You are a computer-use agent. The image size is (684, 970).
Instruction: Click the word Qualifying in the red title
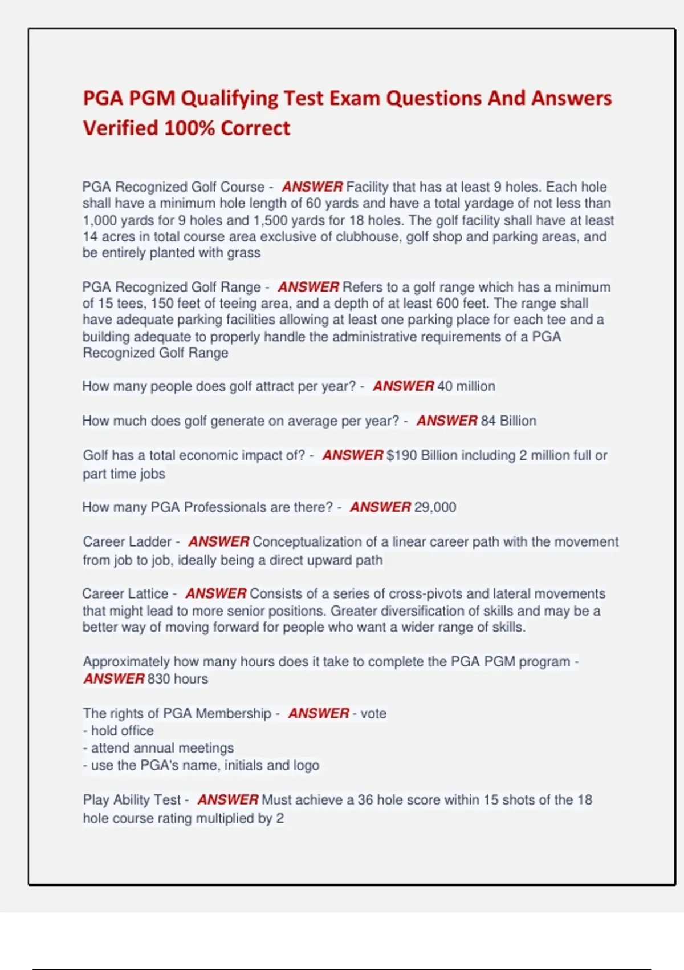[x=229, y=98]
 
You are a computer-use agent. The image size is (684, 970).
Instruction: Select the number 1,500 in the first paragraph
[x=271, y=220]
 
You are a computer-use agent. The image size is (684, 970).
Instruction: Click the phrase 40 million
[x=466, y=386]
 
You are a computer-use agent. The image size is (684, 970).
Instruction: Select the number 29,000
[x=435, y=507]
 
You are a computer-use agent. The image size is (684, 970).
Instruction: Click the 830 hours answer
[x=177, y=679]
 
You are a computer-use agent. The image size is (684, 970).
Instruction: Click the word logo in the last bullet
[x=306, y=765]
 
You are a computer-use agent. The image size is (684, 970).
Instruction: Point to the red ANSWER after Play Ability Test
[x=227, y=800]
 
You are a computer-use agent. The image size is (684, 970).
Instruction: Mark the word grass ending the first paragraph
[x=243, y=253]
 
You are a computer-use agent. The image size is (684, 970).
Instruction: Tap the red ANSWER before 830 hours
[x=113, y=679]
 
